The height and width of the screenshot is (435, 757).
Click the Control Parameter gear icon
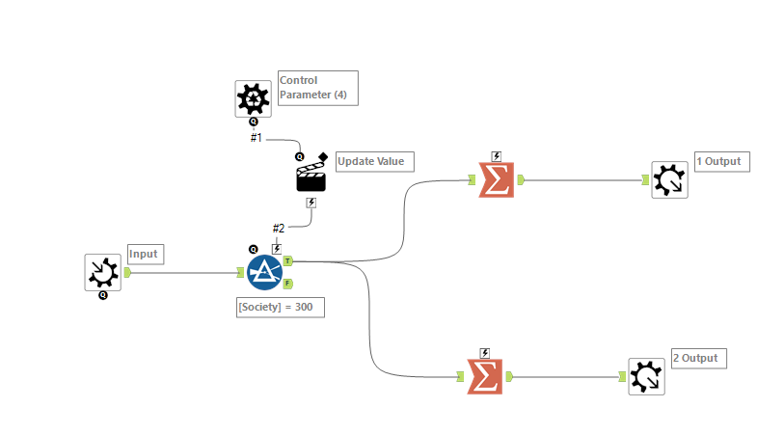click(x=253, y=98)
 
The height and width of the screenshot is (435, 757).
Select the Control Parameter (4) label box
click(x=317, y=88)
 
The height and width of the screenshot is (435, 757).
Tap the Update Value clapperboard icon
click(x=311, y=176)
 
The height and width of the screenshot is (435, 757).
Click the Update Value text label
click(x=374, y=161)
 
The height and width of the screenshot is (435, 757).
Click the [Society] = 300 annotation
click(x=281, y=308)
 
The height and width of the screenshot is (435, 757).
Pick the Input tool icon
click(x=102, y=272)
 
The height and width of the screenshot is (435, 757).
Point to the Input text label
click(x=144, y=255)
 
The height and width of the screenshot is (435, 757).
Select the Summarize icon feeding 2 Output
click(x=484, y=376)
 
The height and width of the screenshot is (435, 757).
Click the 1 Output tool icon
click(x=669, y=179)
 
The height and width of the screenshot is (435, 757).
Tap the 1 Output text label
click(x=718, y=161)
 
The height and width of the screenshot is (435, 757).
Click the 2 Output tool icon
click(x=646, y=376)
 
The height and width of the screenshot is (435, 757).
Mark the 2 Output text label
click(x=695, y=358)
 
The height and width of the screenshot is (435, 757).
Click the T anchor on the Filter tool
click(x=288, y=260)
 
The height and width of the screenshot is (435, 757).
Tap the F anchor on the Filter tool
click(x=288, y=284)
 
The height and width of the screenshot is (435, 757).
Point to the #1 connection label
click(x=257, y=138)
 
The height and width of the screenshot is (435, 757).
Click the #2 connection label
click(x=278, y=229)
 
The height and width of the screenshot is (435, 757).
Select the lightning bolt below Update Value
click(x=311, y=203)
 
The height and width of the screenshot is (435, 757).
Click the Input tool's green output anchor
click(x=127, y=272)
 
